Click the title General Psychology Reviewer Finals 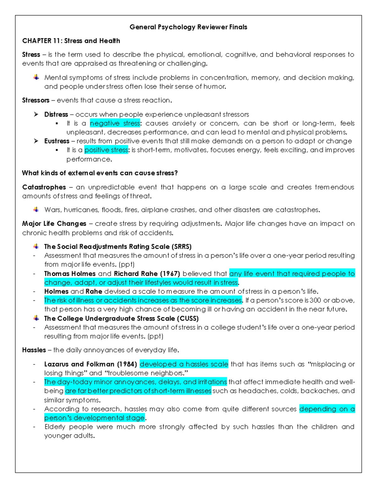[x=188, y=27]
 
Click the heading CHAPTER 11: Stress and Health [x=71, y=41]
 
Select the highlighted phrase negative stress [x=115, y=123]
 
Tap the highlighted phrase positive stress [x=106, y=150]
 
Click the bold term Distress [x=56, y=114]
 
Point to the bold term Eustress [x=57, y=141]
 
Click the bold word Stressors [x=36, y=100]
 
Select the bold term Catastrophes [x=44, y=187]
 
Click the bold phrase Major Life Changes [x=54, y=224]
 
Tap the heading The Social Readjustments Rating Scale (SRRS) [x=118, y=247]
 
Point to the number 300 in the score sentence [x=315, y=300]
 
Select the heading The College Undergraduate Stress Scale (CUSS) [x=121, y=319]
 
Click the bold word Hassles [x=34, y=350]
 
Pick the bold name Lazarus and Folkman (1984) [x=90, y=364]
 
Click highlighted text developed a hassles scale [x=184, y=364]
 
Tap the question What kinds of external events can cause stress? [x=100, y=173]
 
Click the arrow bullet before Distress [x=36, y=114]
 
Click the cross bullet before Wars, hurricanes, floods [x=36, y=210]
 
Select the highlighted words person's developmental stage [x=95, y=418]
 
